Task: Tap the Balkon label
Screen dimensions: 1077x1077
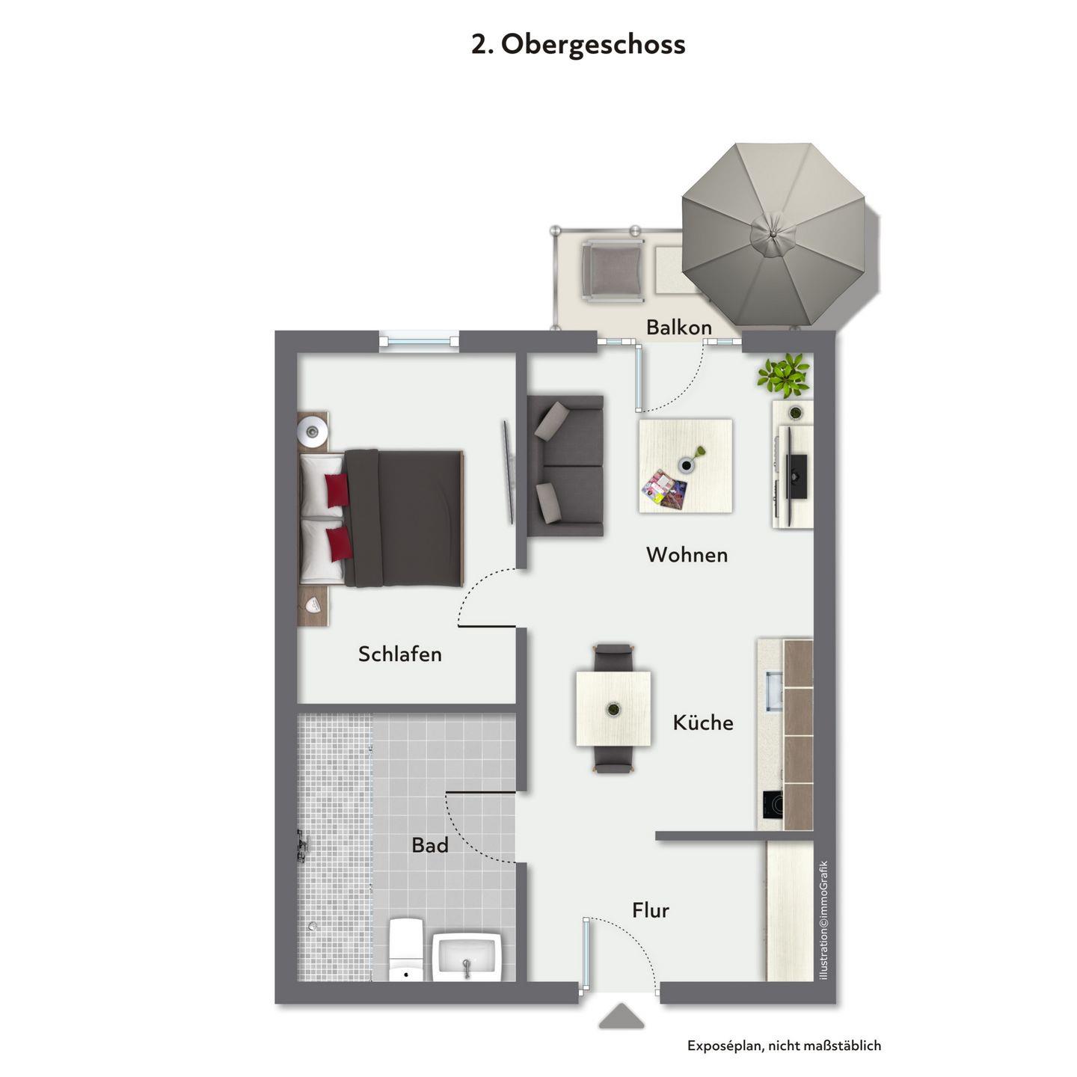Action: (678, 327)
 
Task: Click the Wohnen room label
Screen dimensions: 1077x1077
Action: (687, 555)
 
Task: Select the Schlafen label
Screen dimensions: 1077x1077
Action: (399, 654)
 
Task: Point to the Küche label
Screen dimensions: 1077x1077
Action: (703, 722)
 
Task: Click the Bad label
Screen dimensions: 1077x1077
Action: (430, 845)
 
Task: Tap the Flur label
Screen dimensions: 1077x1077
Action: (651, 910)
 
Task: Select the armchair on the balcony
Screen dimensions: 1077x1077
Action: (612, 271)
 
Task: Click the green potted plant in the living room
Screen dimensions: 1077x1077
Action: (784, 375)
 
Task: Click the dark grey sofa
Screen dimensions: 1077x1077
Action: (565, 465)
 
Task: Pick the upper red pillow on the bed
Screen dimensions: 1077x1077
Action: (337, 490)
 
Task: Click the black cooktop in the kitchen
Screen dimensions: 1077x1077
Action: (772, 804)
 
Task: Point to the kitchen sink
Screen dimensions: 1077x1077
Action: (774, 691)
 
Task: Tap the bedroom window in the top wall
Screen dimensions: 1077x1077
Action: (419, 341)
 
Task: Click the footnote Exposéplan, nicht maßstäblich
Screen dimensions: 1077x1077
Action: (784, 1045)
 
